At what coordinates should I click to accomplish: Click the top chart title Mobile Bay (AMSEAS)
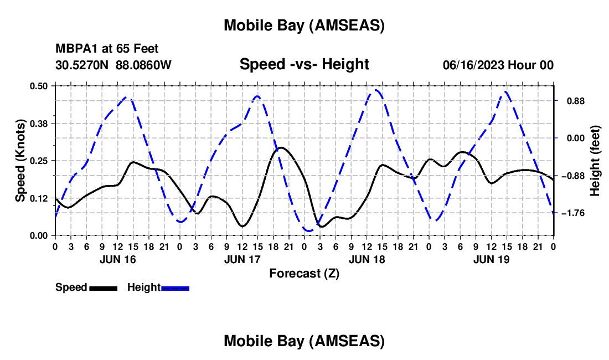tap(304, 25)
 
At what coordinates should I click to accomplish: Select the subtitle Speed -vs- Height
tap(304, 64)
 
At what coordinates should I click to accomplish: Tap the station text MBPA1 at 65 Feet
tap(107, 49)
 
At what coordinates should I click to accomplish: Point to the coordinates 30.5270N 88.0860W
tap(113, 65)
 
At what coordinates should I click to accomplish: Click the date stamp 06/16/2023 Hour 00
tap(498, 65)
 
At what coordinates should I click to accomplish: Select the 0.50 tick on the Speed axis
tap(39, 86)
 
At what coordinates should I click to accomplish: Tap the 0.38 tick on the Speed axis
tap(39, 123)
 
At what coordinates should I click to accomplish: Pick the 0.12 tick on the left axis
tap(39, 198)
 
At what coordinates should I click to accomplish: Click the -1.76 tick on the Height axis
tap(574, 213)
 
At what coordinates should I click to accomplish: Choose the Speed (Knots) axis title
tap(20, 161)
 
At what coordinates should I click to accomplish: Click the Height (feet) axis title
tap(595, 161)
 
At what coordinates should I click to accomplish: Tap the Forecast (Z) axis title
tap(304, 273)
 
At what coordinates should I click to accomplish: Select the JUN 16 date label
tap(118, 259)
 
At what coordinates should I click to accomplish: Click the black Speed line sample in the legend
tap(103, 288)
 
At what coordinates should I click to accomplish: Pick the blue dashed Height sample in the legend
tap(176, 288)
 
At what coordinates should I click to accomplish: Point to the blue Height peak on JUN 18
tap(376, 90)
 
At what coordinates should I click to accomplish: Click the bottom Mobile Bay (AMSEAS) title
tap(304, 341)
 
